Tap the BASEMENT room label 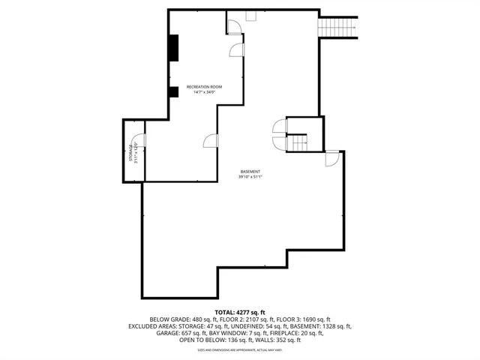[x=250, y=171]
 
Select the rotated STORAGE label [x=130, y=152]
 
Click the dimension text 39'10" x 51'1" [x=250, y=177]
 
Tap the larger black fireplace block [x=174, y=47]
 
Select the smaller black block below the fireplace [x=173, y=91]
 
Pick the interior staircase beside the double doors [x=298, y=142]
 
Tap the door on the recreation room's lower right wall [x=211, y=140]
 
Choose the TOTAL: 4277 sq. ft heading [x=240, y=311]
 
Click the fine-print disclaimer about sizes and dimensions [x=240, y=349]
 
